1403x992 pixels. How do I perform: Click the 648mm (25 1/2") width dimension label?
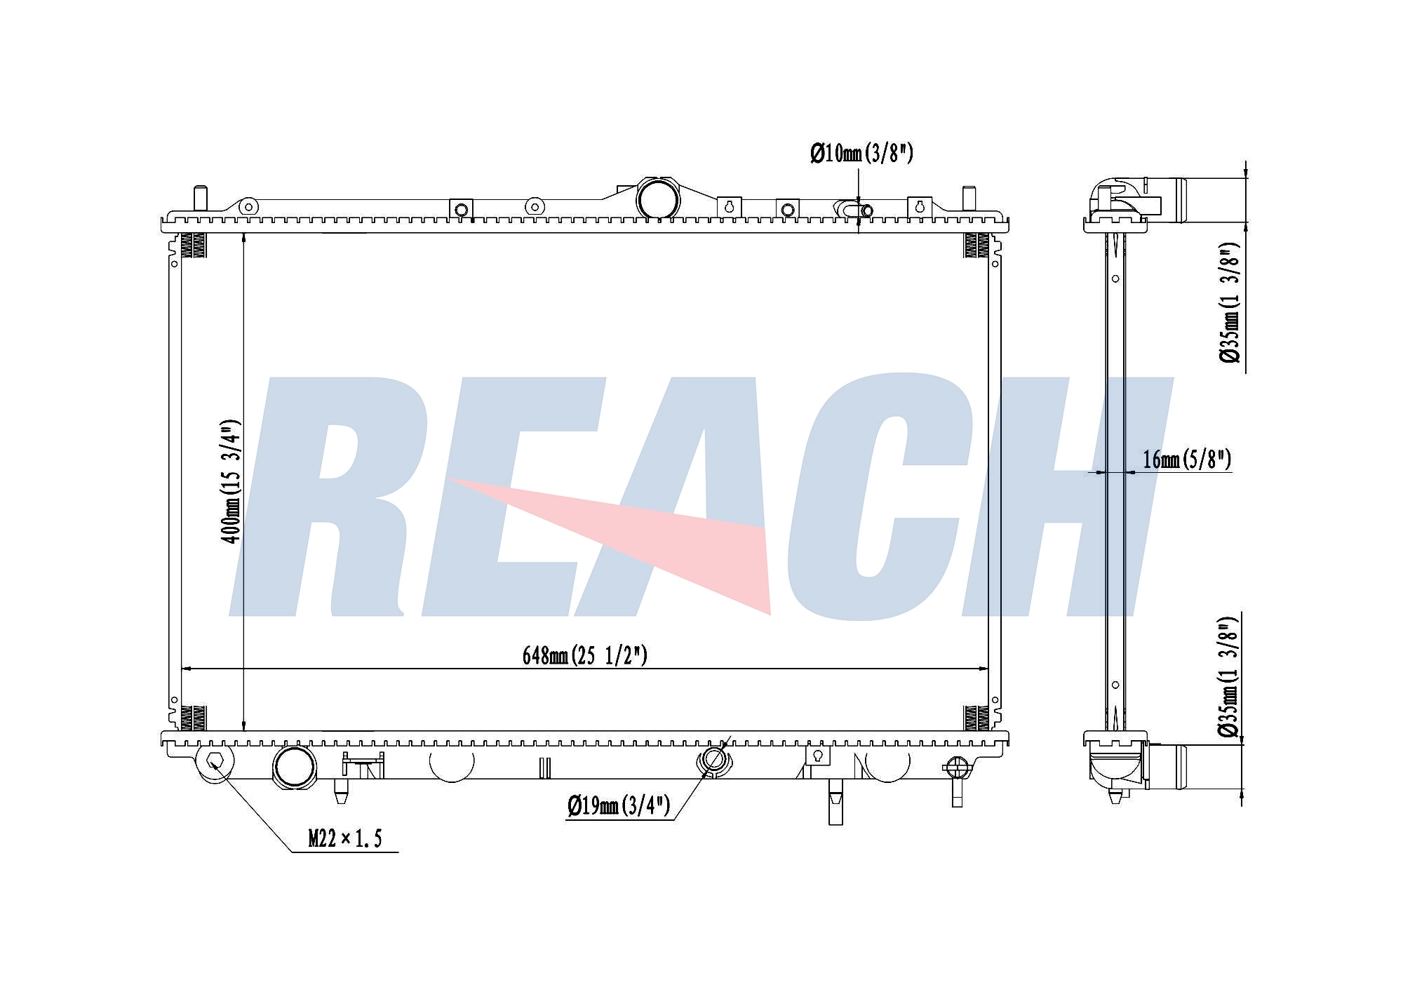click(x=584, y=655)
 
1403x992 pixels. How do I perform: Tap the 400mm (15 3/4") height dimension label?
click(x=231, y=481)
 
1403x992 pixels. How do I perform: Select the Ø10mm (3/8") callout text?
click(x=861, y=153)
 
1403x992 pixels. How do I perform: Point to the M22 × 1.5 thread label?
click(x=345, y=838)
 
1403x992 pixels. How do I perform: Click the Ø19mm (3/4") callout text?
click(x=619, y=805)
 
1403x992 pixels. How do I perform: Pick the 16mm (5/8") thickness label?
click(x=1187, y=460)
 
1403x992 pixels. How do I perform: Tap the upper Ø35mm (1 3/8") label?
click(x=1230, y=303)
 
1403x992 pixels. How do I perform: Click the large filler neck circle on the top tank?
click(x=658, y=199)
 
